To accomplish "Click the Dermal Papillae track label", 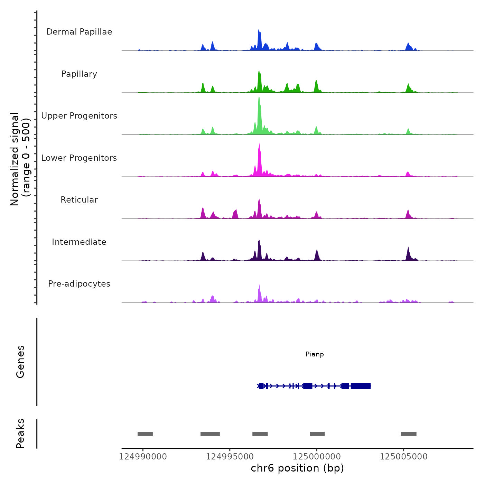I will [x=79, y=32].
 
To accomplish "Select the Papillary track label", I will [x=79, y=74].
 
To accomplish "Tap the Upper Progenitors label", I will [x=79, y=116].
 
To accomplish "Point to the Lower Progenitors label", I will [x=79, y=158].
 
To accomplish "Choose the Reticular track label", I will [x=79, y=200].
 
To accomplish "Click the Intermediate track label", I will [x=79, y=242].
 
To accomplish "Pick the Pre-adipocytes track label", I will [x=79, y=284].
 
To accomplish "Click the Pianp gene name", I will [x=315, y=354].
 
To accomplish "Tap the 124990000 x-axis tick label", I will [x=143, y=457].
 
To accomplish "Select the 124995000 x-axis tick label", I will [x=230, y=457].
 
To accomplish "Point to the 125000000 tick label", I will [x=317, y=457].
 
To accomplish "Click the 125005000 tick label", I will [x=403, y=457].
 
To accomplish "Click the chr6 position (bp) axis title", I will [x=297, y=468].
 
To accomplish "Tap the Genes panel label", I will [x=20, y=362].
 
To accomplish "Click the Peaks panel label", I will [x=20, y=434].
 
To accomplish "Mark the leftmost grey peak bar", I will [x=145, y=434].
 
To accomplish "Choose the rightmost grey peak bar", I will [x=408, y=434].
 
